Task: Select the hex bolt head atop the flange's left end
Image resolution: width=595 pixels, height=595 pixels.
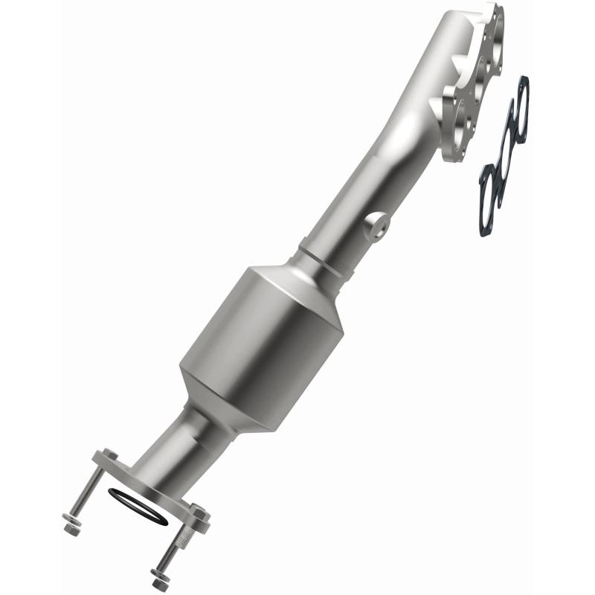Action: (x=109, y=454)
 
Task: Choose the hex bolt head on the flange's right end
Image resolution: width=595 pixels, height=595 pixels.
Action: (x=199, y=512)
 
